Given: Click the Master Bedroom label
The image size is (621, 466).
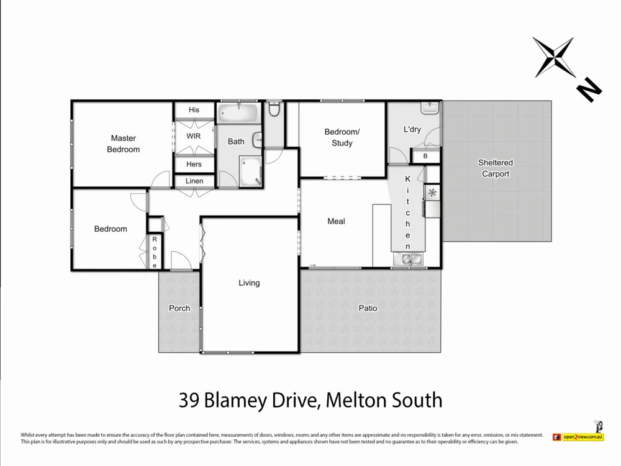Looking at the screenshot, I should [123, 144].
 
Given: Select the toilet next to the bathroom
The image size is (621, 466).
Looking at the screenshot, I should [274, 110].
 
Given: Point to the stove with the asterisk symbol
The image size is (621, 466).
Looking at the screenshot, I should [432, 193].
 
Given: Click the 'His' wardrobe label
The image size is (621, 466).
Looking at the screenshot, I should [194, 110].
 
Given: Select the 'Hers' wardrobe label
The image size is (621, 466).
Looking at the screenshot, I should [194, 164].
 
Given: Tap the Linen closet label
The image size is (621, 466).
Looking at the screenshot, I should [194, 181].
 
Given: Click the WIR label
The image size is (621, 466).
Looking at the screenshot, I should [194, 135].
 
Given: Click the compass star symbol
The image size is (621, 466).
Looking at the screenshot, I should [553, 57].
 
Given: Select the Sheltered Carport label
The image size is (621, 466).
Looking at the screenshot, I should [495, 168].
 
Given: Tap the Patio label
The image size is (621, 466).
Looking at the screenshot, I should [368, 308].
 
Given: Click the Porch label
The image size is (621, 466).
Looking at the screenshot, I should [179, 308].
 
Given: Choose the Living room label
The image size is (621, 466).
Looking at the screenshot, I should [249, 283].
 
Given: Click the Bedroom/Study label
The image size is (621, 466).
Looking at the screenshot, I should [342, 137].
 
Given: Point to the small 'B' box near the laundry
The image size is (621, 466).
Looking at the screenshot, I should [425, 157].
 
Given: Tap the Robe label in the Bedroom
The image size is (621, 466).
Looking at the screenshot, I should [155, 252].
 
